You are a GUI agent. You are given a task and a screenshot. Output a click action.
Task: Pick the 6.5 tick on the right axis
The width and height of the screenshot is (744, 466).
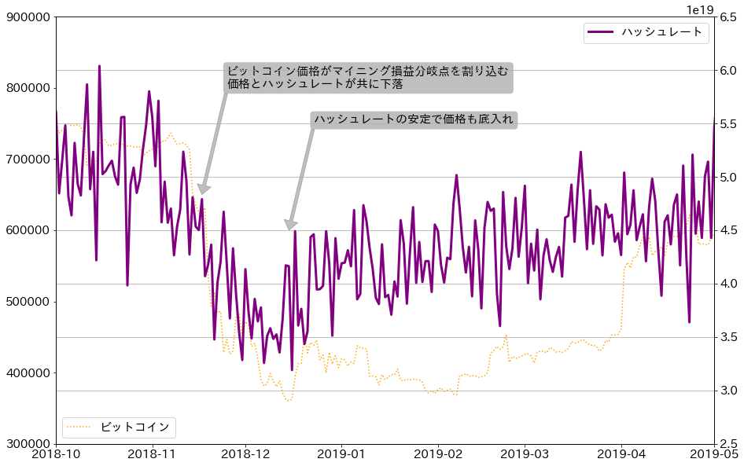(x=728, y=17)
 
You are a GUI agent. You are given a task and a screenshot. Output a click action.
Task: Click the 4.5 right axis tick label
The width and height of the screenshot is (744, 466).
(x=728, y=230)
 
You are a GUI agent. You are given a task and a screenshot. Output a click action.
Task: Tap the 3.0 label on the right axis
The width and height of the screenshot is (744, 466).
(x=728, y=391)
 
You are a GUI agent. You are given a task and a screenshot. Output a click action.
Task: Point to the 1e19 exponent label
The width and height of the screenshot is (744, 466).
(x=700, y=9)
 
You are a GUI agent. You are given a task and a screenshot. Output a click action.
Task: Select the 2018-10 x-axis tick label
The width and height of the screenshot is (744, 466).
(x=56, y=455)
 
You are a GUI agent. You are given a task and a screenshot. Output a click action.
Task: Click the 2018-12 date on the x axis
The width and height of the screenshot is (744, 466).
(x=246, y=455)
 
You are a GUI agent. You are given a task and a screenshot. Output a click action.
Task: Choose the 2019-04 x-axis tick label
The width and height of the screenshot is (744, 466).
(x=622, y=455)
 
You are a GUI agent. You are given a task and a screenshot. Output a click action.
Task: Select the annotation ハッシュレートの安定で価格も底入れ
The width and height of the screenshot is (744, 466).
(x=414, y=119)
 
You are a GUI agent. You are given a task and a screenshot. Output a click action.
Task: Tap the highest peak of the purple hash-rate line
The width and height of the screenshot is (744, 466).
(x=99, y=67)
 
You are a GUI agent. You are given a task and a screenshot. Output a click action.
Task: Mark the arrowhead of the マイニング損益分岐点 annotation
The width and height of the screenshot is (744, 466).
(x=202, y=192)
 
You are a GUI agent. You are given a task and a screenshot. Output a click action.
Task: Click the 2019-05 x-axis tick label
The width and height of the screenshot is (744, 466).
(x=714, y=455)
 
